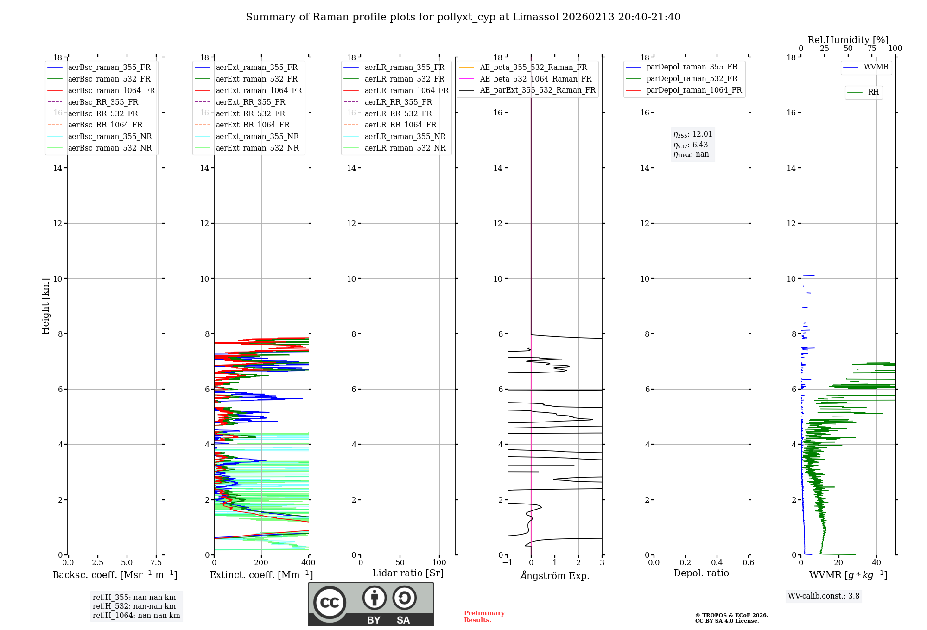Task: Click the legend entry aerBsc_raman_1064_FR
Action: coord(111,90)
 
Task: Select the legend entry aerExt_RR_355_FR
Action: coord(250,102)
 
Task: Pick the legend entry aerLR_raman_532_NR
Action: coord(405,148)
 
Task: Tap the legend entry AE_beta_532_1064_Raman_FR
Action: coord(535,79)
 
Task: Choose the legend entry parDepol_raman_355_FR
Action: coord(692,67)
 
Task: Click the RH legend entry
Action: coord(873,92)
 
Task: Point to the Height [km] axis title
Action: coord(45,306)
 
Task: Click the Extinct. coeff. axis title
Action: coord(261,575)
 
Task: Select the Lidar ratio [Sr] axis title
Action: coord(408,573)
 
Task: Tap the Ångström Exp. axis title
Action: coord(555,576)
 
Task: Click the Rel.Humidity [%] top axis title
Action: coord(848,40)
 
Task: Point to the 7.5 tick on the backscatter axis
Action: coord(156,563)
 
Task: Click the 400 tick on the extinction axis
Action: coord(309,563)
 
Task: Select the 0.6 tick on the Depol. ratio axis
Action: coord(748,563)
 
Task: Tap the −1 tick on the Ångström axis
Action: coord(508,563)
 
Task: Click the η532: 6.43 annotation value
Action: coord(691,145)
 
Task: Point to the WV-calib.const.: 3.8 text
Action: coord(824,596)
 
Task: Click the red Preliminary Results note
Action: coord(484,617)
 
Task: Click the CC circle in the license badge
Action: coord(330,603)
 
